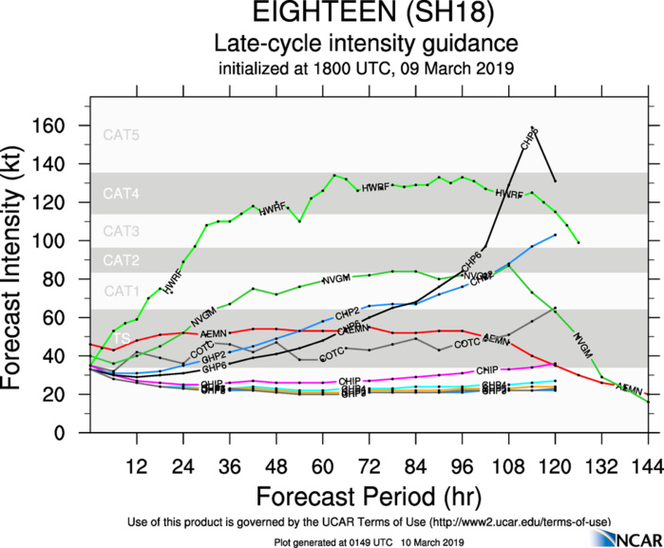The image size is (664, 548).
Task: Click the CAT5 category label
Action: (x=122, y=135)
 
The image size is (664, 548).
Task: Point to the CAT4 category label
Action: (x=122, y=194)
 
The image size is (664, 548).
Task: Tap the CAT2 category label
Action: (x=122, y=259)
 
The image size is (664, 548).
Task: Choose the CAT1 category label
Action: (x=122, y=291)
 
